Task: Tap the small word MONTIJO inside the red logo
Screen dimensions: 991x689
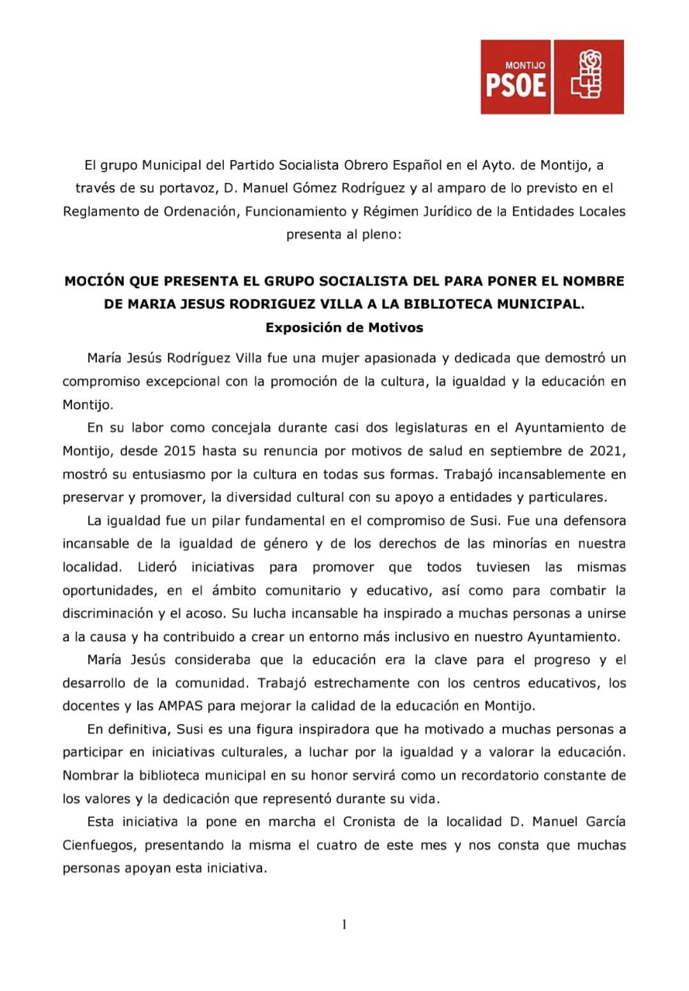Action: pos(525,66)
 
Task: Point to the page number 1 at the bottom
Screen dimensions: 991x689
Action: pos(344,924)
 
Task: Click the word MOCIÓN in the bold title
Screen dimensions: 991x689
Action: pos(94,281)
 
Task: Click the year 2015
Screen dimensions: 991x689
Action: pos(179,451)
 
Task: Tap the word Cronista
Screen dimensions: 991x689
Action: pos(369,821)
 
